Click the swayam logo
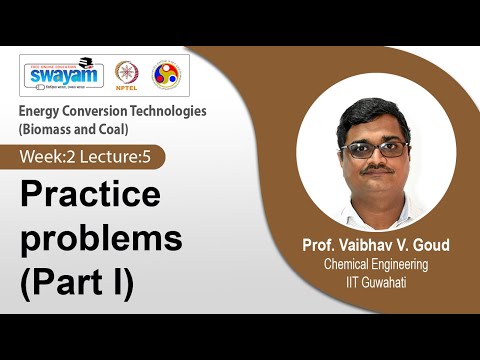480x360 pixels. pyautogui.click(x=64, y=72)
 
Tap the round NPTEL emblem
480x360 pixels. pyautogui.click(x=127, y=74)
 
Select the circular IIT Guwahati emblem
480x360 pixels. pyautogui.click(x=165, y=74)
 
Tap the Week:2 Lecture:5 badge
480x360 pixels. pyautogui.click(x=91, y=157)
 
